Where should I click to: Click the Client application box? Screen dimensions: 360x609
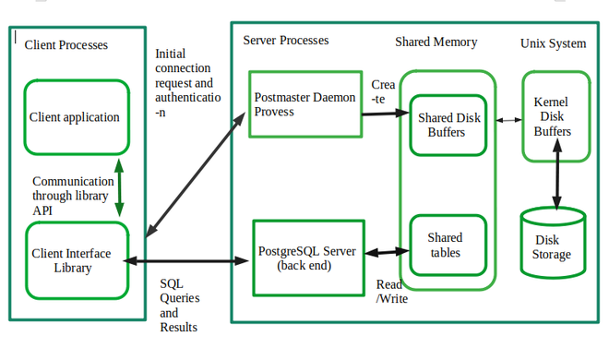[x=76, y=117]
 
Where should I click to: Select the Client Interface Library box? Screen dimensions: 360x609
[x=76, y=260]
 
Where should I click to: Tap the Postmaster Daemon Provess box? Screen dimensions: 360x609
[x=304, y=103]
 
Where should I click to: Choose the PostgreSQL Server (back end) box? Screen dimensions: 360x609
[x=304, y=258]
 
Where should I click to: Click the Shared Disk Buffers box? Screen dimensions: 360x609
[x=448, y=124]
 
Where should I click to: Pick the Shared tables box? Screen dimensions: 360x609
[x=447, y=246]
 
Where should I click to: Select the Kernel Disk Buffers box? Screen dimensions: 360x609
[x=553, y=116]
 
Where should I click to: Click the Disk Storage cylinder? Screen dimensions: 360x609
[x=553, y=245]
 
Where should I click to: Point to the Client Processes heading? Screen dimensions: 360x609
[x=66, y=44]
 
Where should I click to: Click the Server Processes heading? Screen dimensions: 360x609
[x=285, y=41]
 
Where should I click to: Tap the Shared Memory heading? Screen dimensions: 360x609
[x=436, y=42]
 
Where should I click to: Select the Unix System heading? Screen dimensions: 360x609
[x=553, y=42]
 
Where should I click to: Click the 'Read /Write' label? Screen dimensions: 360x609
[x=392, y=291]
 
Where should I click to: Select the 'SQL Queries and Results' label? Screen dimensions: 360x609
[x=180, y=305]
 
